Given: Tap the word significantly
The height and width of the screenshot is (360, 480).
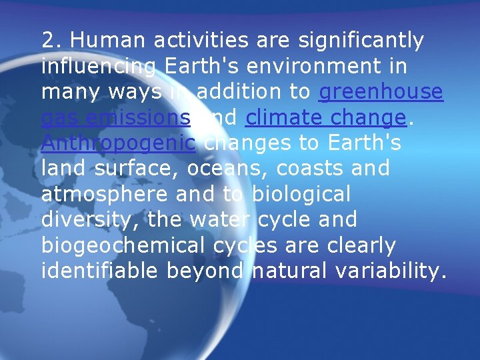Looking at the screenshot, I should point(360,41).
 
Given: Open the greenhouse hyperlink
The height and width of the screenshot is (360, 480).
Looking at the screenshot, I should point(381,92).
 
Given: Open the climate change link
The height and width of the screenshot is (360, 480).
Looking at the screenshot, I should point(325,117).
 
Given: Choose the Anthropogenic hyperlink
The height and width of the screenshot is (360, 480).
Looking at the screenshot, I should point(118,143).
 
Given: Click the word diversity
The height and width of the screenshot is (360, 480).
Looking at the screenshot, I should point(88,219).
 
